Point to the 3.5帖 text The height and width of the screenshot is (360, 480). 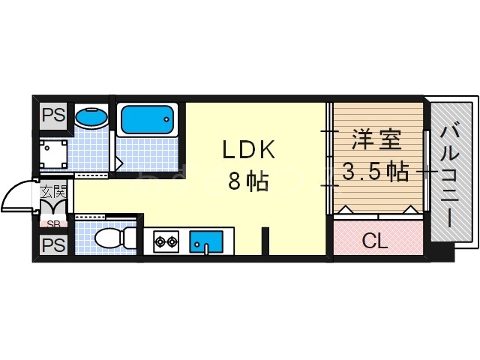375,172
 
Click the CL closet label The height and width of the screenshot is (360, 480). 375,241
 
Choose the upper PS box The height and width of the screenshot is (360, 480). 52,116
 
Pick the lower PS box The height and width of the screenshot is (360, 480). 52,244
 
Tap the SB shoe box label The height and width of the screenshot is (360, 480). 53,223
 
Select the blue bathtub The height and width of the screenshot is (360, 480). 147,118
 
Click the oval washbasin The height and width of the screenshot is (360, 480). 92,118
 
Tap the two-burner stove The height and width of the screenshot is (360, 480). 166,241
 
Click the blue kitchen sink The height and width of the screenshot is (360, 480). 205,241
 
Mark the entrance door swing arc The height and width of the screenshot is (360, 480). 16,196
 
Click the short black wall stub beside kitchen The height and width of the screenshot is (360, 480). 265,242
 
